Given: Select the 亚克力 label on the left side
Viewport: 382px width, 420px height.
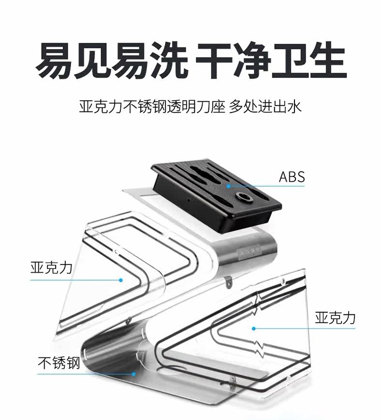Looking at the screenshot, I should click(51, 268).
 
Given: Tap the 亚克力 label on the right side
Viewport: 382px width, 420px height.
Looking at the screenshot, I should click(335, 318).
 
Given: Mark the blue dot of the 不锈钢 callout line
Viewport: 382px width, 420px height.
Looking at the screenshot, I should click(134, 374).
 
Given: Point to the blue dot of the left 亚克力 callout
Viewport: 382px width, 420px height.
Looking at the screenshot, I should click(121, 280).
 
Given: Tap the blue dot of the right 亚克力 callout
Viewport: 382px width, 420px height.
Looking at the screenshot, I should click(253, 329).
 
